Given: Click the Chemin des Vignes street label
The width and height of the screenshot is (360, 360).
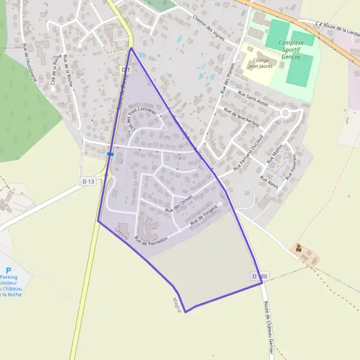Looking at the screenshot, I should (x=212, y=28).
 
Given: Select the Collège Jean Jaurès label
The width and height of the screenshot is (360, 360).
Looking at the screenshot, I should (x=260, y=63).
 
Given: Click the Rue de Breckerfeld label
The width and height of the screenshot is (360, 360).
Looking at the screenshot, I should (x=241, y=118).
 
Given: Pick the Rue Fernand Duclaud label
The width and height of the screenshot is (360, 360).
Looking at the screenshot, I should (x=250, y=157).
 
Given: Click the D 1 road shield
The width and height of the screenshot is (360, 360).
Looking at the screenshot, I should (x=125, y=70).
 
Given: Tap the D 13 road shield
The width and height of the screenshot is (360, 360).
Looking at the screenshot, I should (x=88, y=181).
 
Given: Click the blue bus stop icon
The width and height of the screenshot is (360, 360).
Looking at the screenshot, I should (x=110, y=154).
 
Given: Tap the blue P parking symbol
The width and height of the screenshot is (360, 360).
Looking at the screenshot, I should (x=8, y=271).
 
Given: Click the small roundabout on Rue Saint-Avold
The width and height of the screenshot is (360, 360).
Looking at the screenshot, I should (x=286, y=113).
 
